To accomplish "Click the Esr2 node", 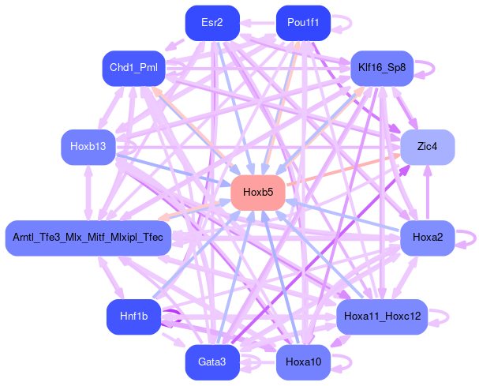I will point(212,23).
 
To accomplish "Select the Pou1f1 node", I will point(303,23).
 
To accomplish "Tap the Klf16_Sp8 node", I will point(382,68).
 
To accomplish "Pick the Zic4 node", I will point(428,147).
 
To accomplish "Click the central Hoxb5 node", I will point(258,193).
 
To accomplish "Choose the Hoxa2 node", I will point(427,238).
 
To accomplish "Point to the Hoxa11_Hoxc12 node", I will point(382,317).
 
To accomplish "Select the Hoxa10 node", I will point(303,362).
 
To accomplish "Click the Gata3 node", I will point(212,362).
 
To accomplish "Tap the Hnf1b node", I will point(133,317).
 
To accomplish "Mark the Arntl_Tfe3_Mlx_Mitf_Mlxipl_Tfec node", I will point(88,238).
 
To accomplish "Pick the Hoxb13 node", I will point(88,147).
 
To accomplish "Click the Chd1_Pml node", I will point(133,68).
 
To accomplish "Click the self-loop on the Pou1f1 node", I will point(342,23).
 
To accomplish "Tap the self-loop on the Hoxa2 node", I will point(472,238).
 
